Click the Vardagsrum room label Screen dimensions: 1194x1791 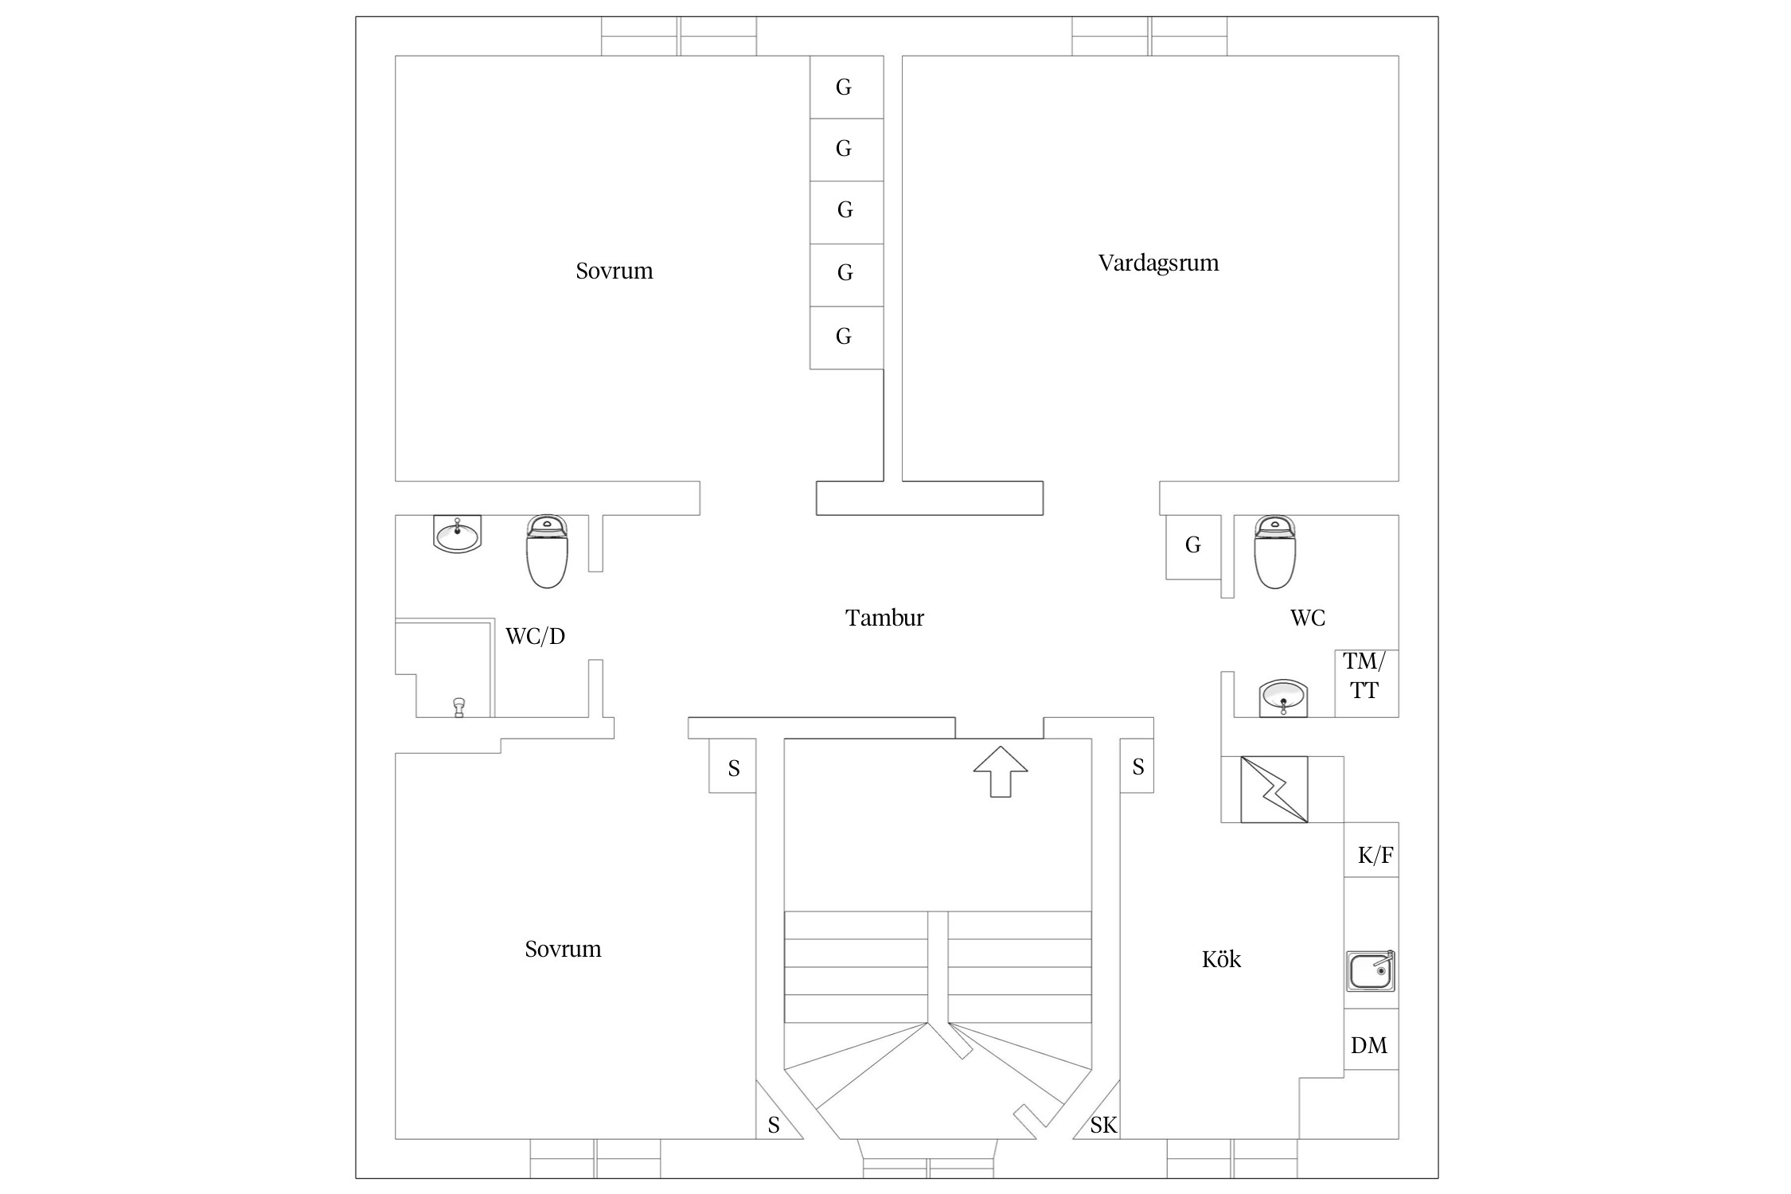(1158, 263)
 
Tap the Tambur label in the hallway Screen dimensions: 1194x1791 (884, 618)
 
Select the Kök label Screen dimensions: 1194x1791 (1221, 959)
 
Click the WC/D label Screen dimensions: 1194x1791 (535, 636)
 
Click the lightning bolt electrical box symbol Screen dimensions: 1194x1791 (1274, 789)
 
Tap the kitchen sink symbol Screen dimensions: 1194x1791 (1370, 971)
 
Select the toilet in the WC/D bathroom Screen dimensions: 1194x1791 (547, 551)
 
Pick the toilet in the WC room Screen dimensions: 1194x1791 (1274, 551)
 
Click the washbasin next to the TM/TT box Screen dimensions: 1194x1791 (1282, 698)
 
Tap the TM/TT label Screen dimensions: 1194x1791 (1364, 676)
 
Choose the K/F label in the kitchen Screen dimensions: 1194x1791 (1375, 856)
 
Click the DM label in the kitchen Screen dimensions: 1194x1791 (1368, 1045)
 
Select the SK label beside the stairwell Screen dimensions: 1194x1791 (1103, 1125)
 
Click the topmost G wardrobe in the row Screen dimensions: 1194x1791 (844, 87)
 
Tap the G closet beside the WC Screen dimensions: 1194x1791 (1192, 545)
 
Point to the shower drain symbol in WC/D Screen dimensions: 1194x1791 (458, 707)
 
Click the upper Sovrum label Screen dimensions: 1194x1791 (614, 271)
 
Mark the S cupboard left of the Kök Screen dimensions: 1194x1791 (1137, 767)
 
